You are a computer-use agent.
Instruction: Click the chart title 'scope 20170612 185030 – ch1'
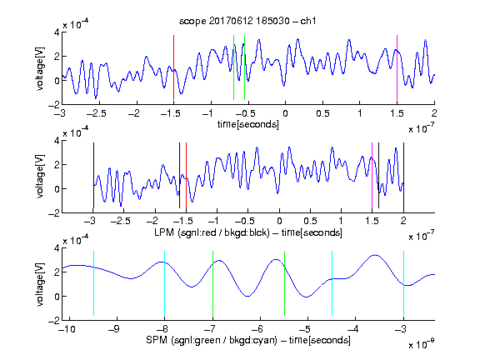[247, 21]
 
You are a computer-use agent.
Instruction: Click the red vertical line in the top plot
[173, 67]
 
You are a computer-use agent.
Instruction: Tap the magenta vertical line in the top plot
[397, 67]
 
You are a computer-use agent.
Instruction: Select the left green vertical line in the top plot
[233, 67]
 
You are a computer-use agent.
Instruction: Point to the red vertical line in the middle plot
[186, 176]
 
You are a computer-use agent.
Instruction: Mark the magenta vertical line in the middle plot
[372, 176]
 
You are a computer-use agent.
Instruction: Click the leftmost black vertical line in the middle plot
[93, 176]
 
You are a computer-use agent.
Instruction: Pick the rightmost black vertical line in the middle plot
[403, 176]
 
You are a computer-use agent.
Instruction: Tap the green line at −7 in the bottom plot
[212, 283]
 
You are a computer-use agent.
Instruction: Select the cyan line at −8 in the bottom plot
[165, 283]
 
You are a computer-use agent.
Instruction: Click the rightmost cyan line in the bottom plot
[403, 283]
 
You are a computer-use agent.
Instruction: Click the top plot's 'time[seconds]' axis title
[248, 125]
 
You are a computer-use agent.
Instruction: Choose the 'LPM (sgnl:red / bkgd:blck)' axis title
[212, 232]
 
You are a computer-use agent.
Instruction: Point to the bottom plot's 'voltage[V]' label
[40, 284]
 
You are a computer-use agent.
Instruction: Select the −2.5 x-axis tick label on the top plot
[96, 113]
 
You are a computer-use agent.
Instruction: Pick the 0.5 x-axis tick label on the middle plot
[310, 221]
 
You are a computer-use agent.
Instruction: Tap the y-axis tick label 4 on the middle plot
[57, 141]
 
